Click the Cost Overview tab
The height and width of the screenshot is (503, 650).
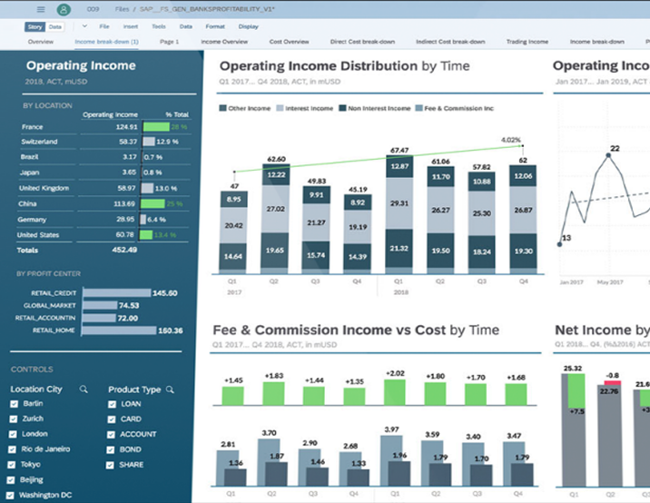click(x=290, y=42)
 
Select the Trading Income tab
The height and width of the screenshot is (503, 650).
click(x=527, y=42)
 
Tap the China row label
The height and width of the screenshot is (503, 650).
click(x=28, y=204)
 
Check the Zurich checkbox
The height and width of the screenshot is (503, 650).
click(x=13, y=419)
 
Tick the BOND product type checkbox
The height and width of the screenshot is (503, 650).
click(x=112, y=449)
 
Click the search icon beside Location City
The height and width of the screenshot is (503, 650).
click(x=84, y=390)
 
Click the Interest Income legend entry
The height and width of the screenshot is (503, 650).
click(x=307, y=108)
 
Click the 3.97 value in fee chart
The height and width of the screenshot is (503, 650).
click(x=391, y=429)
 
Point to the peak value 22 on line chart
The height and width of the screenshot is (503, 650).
click(x=615, y=147)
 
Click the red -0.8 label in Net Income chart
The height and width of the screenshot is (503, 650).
click(x=612, y=375)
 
